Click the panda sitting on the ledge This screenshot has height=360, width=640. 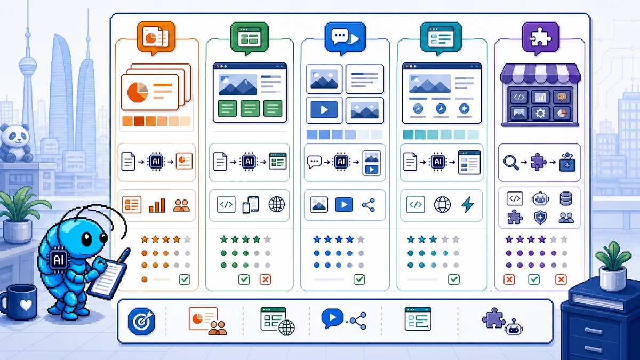pyautogui.click(x=15, y=143)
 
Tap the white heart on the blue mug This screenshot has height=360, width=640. pyautogui.click(x=26, y=305)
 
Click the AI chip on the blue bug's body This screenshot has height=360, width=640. pyautogui.click(x=59, y=259)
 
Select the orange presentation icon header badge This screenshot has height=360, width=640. pyautogui.click(x=156, y=37)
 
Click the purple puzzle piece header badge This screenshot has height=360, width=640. pyautogui.click(x=540, y=38)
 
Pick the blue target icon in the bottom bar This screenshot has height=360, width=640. pyautogui.click(x=141, y=321)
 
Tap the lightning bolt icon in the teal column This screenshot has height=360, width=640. pyautogui.click(x=468, y=205)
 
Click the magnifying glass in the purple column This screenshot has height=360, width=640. pyautogui.click(x=511, y=162)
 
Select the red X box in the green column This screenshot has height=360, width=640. pyautogui.click(x=266, y=279)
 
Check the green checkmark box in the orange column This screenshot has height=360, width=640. pyautogui.click(x=185, y=279)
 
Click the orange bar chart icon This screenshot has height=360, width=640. pyautogui.click(x=157, y=205)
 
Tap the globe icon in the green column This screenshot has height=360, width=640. pyautogui.click(x=277, y=204)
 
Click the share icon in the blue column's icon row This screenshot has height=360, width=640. pyautogui.click(x=369, y=205)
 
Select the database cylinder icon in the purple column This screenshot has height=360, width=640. pyautogui.click(x=566, y=199)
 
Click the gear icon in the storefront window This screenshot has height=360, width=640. pyautogui.click(x=540, y=114)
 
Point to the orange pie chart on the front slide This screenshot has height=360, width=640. pyautogui.click(x=138, y=92)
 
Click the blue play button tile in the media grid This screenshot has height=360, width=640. pyautogui.click(x=324, y=110)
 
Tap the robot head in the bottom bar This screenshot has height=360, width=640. pyautogui.click(x=514, y=327)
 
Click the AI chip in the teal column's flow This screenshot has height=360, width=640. pyautogui.click(x=438, y=162)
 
